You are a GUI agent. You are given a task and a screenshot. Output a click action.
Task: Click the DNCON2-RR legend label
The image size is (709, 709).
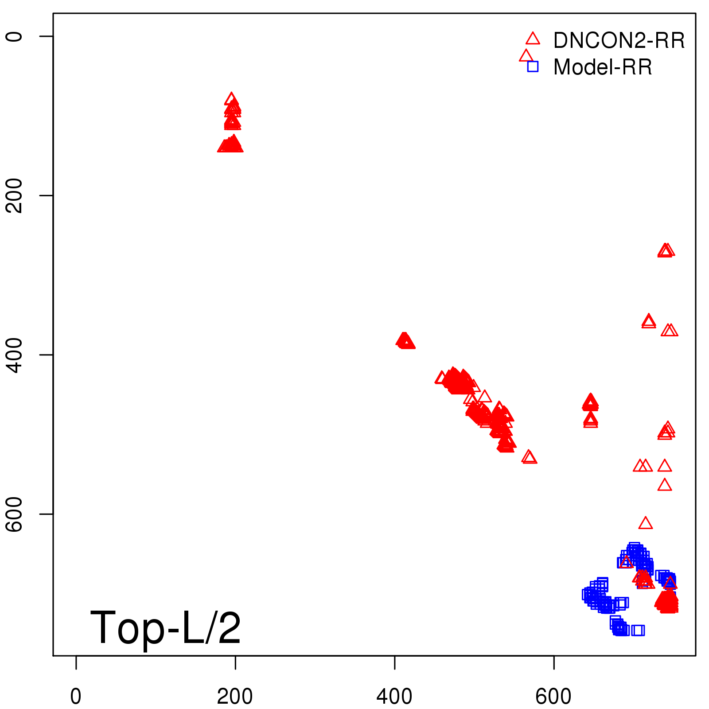(x=619, y=40)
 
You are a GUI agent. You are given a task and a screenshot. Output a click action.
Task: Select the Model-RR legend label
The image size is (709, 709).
(x=603, y=67)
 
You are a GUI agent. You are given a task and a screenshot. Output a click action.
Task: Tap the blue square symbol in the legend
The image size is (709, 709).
(x=533, y=66)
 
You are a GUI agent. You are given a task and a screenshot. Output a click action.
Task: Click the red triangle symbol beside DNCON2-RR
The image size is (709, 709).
(x=533, y=39)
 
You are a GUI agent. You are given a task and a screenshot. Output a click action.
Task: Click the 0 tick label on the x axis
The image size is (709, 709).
(x=76, y=697)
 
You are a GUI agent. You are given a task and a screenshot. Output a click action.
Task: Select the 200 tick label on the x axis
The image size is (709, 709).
(x=235, y=697)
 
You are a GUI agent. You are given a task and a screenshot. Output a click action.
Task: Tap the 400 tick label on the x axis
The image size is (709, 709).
(x=394, y=697)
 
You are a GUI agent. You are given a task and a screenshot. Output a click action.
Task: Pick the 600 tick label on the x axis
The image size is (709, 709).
(x=553, y=697)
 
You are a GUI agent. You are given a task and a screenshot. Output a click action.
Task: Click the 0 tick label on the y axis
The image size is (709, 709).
(x=14, y=36)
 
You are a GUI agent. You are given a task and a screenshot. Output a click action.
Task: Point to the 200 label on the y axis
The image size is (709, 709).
(x=14, y=195)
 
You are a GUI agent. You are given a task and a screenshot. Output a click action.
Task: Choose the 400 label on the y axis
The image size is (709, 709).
(x=14, y=355)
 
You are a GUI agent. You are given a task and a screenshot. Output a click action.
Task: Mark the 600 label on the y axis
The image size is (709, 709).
(x=14, y=514)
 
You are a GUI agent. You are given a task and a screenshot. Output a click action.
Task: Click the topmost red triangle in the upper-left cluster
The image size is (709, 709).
(x=231, y=99)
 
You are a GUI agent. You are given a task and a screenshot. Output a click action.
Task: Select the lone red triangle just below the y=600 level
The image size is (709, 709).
(x=646, y=523)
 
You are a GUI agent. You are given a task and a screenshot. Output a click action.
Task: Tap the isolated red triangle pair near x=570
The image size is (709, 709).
(x=529, y=457)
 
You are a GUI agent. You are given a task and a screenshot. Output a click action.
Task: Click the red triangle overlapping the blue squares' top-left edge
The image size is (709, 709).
(x=626, y=562)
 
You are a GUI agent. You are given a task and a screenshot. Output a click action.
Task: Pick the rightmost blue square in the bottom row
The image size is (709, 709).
(x=638, y=630)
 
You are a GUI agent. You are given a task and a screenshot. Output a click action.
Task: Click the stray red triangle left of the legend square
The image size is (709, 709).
(x=526, y=56)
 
